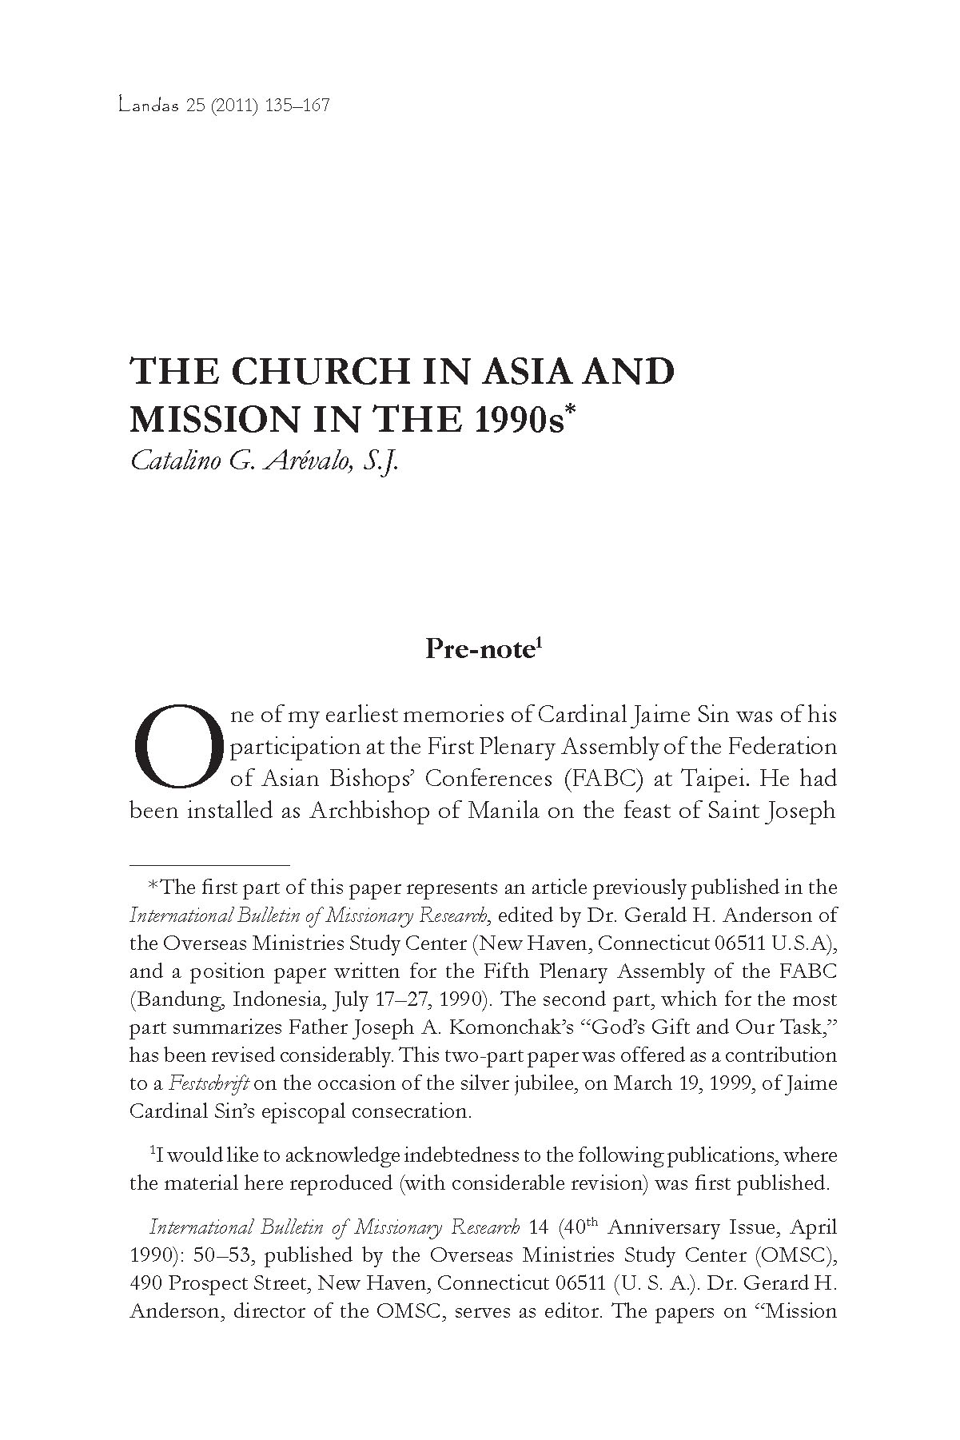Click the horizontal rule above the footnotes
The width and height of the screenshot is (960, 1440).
click(209, 865)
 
